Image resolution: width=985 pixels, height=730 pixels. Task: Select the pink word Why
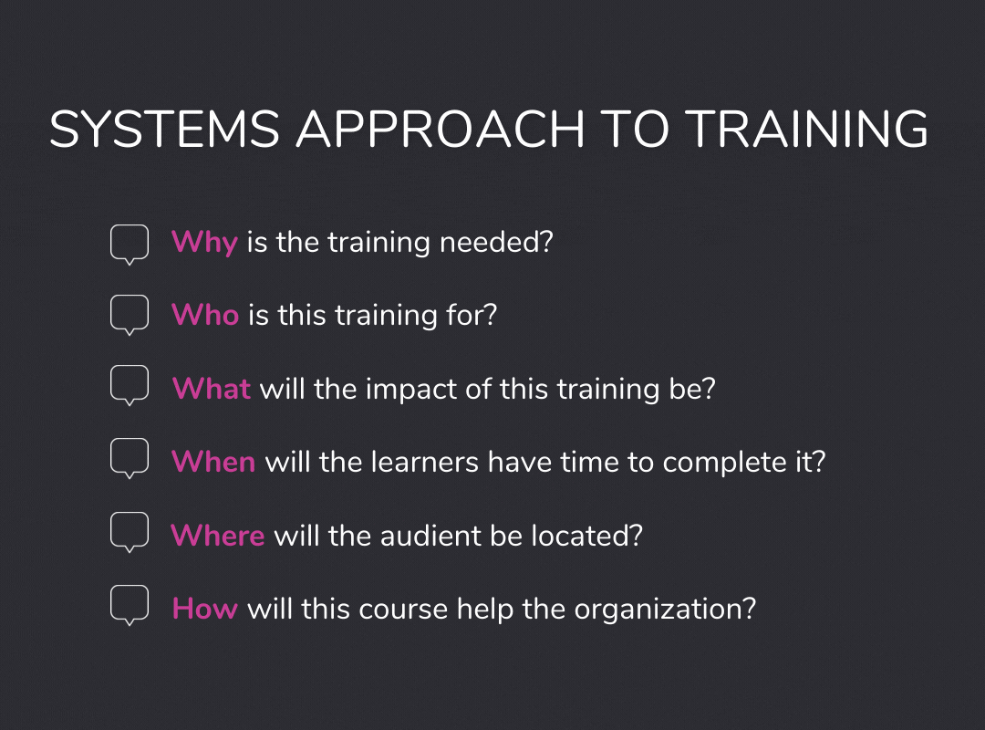point(204,243)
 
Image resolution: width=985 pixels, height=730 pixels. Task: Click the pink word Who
point(205,316)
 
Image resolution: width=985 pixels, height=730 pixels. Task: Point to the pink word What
point(212,389)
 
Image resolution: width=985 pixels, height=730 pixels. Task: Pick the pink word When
point(213,462)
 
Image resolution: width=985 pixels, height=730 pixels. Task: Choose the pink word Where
point(218,535)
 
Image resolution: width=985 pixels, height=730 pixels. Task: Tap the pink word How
point(205,608)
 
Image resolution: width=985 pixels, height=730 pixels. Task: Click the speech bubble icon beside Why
point(129,244)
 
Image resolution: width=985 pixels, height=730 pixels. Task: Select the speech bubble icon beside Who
point(129,315)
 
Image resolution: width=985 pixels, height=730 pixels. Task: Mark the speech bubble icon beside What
point(129,385)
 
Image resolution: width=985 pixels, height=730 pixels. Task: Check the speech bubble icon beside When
point(129,458)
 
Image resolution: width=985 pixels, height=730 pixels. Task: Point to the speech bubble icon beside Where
point(129,531)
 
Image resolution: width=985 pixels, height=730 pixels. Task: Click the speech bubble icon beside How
point(129,604)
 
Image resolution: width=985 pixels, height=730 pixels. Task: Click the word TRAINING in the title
point(806,130)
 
